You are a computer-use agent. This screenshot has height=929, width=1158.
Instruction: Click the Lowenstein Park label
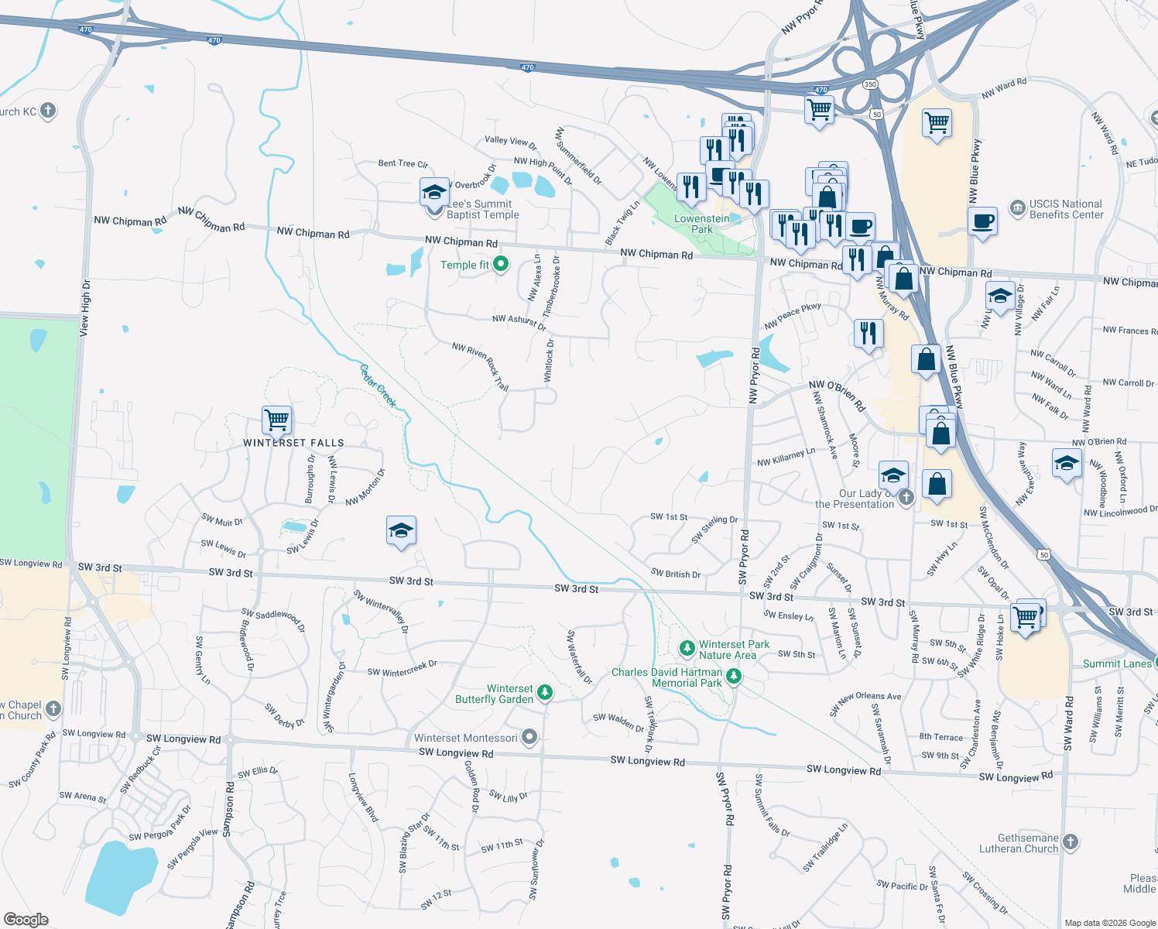pyautogui.click(x=701, y=224)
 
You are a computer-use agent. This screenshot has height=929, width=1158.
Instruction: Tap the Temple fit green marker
pyautogui.click(x=501, y=265)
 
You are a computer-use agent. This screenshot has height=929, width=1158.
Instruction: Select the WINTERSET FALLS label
pyautogui.click(x=293, y=443)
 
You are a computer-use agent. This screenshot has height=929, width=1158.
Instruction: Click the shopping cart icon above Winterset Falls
pyautogui.click(x=276, y=420)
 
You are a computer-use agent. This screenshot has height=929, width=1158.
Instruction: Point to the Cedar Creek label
pyautogui.click(x=379, y=386)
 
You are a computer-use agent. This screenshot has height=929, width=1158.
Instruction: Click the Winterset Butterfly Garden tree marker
pyautogui.click(x=545, y=692)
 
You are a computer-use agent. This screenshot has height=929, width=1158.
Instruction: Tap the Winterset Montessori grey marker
pyautogui.click(x=529, y=737)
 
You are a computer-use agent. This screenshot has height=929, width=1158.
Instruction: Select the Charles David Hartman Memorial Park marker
pyautogui.click(x=734, y=677)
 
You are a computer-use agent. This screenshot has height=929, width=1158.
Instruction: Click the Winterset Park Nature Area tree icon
pyautogui.click(x=687, y=647)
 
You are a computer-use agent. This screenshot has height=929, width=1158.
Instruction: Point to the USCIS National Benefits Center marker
pyautogui.click(x=1018, y=207)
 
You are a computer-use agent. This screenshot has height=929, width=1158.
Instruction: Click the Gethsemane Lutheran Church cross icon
pyautogui.click(x=1071, y=842)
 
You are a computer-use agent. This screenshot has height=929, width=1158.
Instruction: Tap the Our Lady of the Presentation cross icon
pyautogui.click(x=906, y=496)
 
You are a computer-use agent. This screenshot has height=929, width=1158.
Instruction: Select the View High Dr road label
pyautogui.click(x=84, y=307)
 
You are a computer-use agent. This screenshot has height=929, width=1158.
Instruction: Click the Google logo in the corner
pyautogui.click(x=26, y=919)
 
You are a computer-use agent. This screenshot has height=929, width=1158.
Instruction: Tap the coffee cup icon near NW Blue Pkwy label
pyautogui.click(x=982, y=221)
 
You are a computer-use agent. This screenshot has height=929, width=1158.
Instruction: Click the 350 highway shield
pyautogui.click(x=870, y=84)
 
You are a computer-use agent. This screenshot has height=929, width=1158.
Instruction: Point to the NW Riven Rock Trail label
pyautogui.click(x=481, y=366)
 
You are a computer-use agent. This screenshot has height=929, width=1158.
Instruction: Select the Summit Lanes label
pyautogui.click(x=1117, y=663)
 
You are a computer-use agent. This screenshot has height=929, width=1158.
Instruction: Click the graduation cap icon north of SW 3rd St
pyautogui.click(x=401, y=531)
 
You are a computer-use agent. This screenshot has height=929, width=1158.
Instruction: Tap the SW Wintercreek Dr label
pyautogui.click(x=402, y=668)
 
